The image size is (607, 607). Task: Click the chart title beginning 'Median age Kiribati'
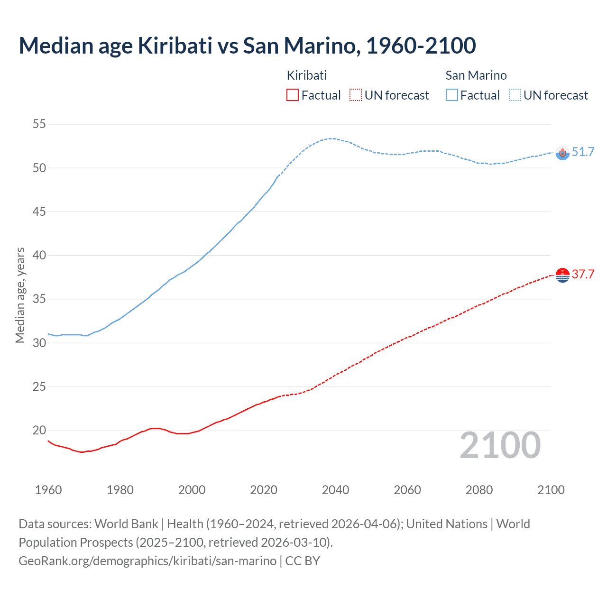[247, 46]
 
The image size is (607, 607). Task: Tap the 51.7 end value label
[583, 152]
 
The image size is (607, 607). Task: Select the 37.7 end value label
[583, 274]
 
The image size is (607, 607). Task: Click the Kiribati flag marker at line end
[562, 275]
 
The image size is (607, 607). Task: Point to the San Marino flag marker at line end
[562, 153]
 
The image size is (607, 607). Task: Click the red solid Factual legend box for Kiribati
[293, 95]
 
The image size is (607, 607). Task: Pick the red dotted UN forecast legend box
[356, 95]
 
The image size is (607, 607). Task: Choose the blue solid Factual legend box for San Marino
[452, 95]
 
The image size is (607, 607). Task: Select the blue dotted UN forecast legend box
[515, 95]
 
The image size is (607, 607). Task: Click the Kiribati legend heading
[307, 75]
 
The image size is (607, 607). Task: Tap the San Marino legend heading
[476, 75]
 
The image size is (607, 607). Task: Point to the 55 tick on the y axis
[39, 124]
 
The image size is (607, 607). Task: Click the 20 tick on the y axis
[39, 431]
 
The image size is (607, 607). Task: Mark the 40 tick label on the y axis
[39, 256]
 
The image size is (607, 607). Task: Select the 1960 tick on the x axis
[48, 490]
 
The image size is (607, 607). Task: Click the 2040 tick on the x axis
[336, 490]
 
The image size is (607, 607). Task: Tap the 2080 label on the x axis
[479, 490]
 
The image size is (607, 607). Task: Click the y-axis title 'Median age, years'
[20, 295]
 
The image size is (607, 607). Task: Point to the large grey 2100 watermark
[500, 446]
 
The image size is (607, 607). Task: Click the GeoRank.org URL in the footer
[147, 561]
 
